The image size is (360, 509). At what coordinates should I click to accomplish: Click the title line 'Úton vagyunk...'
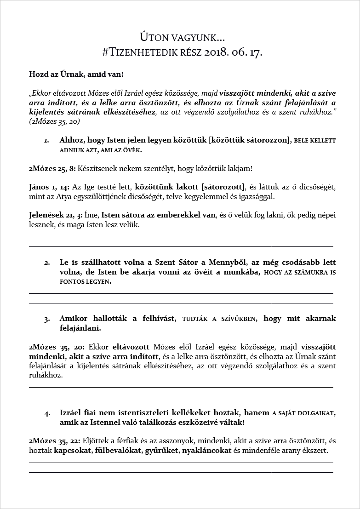[182, 37]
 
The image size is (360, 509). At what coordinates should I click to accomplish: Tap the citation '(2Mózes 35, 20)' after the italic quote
[54, 122]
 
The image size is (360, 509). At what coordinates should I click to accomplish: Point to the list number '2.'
[47, 263]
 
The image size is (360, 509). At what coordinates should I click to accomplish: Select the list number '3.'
[47, 319]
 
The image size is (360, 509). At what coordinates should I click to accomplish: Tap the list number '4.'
[47, 413]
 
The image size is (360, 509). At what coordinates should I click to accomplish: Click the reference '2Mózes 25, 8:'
[52, 168]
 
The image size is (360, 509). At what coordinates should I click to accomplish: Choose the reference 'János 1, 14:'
[48, 187]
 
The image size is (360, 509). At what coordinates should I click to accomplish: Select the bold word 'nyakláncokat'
[206, 451]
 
